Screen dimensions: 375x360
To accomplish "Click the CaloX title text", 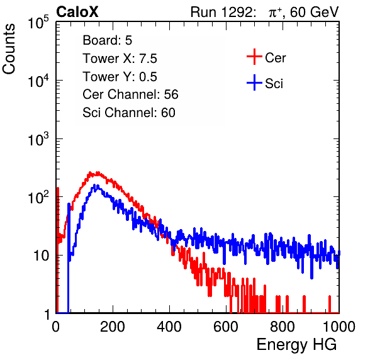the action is tap(77, 12).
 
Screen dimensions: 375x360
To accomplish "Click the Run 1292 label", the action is tap(221, 12).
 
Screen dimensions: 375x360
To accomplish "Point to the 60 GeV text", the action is tap(315, 12).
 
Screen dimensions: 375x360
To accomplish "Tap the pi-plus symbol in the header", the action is tap(275, 13).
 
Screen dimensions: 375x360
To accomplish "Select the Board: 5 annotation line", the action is tap(108, 40).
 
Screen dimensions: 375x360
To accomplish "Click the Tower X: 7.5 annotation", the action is tap(120, 59).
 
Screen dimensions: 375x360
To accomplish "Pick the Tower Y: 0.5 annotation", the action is tap(120, 77).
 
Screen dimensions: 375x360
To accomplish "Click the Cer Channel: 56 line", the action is tap(130, 94).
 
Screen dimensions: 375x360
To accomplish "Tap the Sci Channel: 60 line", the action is tap(129, 113).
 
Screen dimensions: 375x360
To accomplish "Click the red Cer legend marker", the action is tap(254, 57).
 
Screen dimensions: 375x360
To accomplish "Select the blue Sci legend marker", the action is tap(254, 82).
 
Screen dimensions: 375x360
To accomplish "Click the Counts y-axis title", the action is tap(9, 49).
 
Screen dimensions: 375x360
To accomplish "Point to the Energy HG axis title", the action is tap(296, 344).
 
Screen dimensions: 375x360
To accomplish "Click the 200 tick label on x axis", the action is tap(113, 327).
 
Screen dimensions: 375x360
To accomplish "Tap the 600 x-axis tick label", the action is tap(226, 327).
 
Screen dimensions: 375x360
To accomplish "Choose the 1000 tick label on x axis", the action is tap(339, 327).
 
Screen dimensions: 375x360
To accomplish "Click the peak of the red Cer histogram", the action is tap(90, 172).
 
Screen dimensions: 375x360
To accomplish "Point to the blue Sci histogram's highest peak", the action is tap(95, 185).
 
